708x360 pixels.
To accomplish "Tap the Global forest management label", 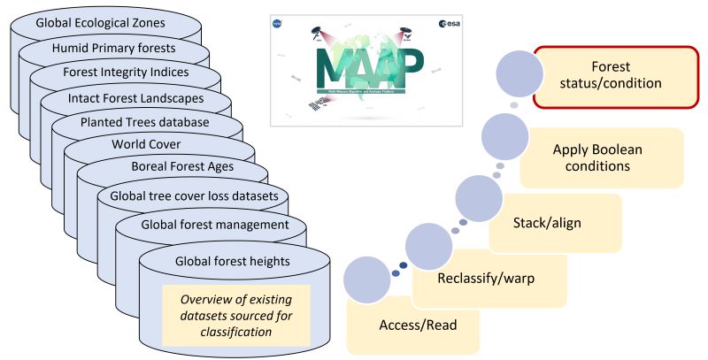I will click(215, 225).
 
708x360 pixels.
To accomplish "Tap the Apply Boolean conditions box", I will click(603, 157).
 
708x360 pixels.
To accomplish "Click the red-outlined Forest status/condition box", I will click(616, 77).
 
